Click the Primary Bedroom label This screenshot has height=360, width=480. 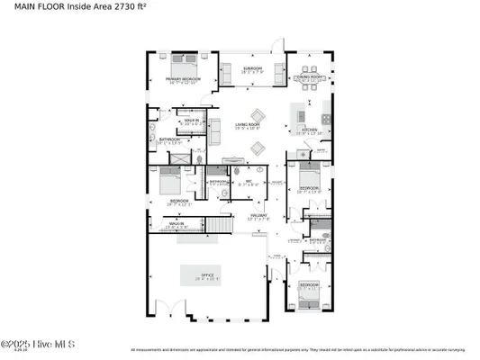point(182,80)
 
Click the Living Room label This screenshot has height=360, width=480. point(248,125)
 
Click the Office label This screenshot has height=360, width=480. point(206,275)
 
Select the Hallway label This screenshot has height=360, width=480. point(259,217)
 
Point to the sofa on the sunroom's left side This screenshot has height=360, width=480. point(226,74)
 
